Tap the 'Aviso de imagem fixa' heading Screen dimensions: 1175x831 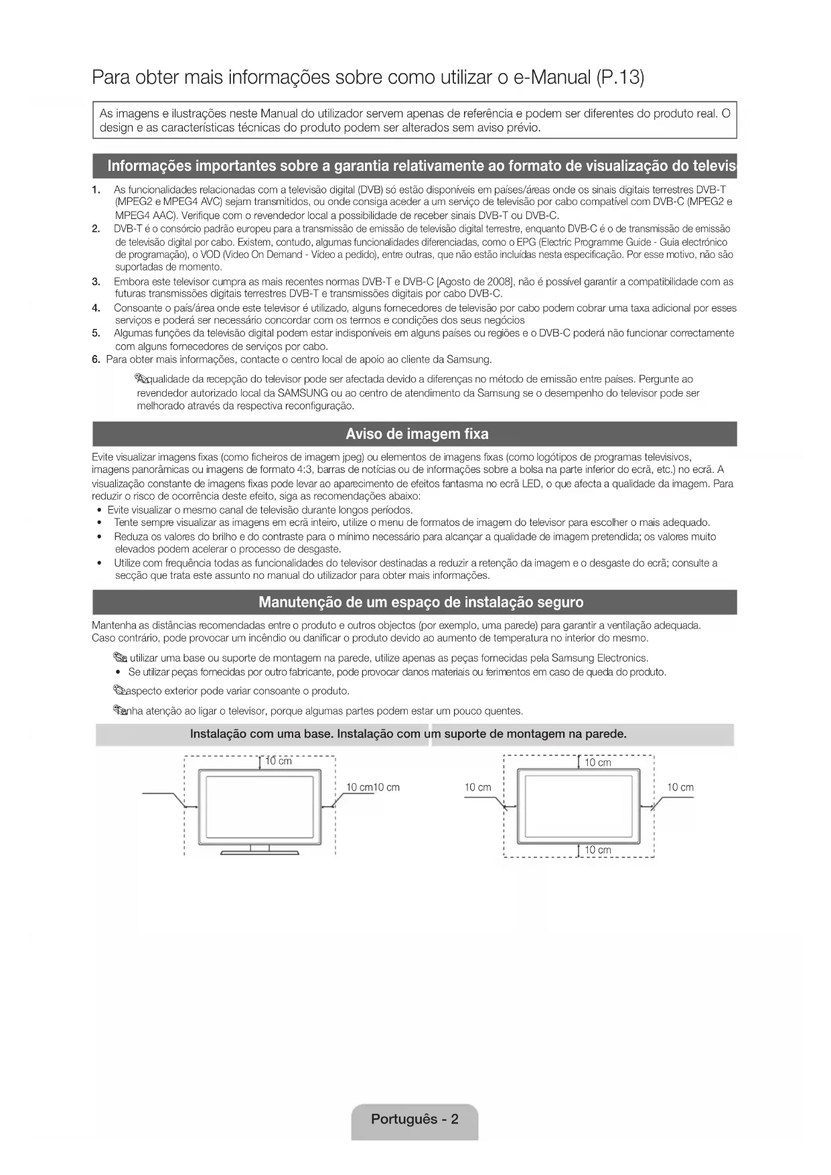tap(417, 434)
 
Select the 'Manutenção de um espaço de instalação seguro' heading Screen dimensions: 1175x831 tap(421, 602)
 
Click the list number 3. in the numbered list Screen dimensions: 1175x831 tap(96, 281)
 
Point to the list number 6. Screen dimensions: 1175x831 tap(96, 360)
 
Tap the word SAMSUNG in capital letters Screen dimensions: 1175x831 tap(303, 393)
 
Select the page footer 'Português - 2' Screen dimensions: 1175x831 tap(414, 1119)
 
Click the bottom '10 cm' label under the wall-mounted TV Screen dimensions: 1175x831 tap(598, 850)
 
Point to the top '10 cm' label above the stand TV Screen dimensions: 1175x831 tap(279, 761)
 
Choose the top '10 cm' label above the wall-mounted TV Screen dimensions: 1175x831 tap(598, 762)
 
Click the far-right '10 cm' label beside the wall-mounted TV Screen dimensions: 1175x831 tap(680, 788)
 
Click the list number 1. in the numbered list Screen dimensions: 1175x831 tap(96, 190)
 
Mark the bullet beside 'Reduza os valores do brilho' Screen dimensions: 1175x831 tap(99, 537)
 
